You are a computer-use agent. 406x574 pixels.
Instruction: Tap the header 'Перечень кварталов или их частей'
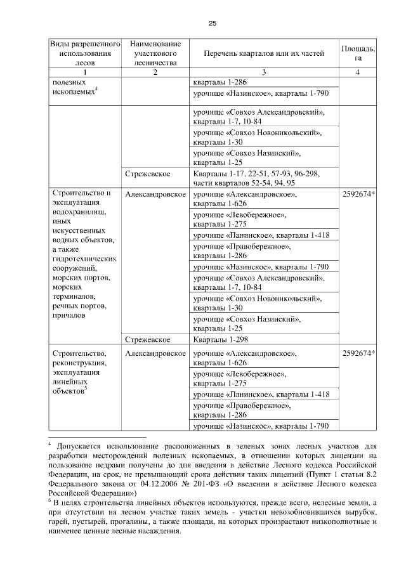pos(265,54)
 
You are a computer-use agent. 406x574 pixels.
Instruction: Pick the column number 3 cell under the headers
pos(265,72)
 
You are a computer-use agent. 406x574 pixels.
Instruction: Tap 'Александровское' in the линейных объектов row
pos(155,353)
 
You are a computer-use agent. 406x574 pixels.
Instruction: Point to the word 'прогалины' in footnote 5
pos(152,521)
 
